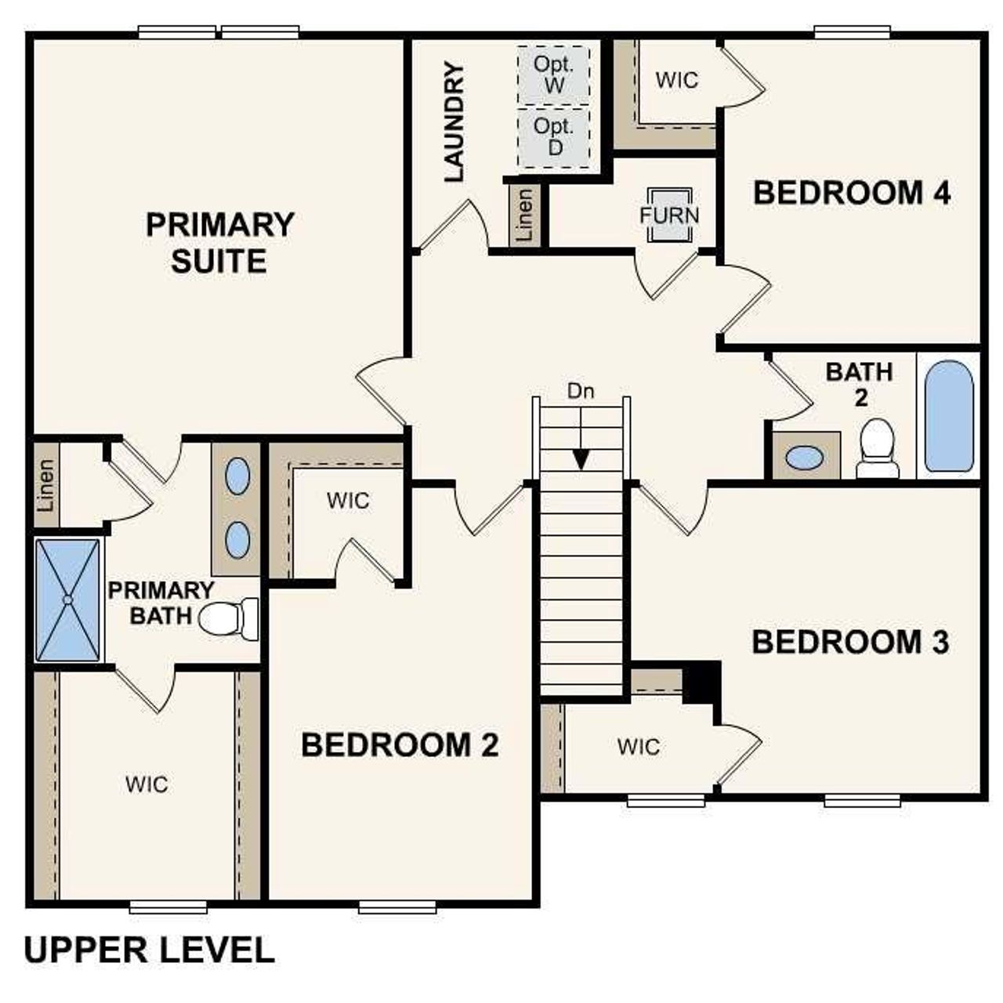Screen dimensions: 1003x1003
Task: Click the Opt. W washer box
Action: click(553, 74)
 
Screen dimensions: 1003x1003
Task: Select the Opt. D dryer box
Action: click(553, 137)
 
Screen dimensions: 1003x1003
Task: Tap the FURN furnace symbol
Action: click(669, 215)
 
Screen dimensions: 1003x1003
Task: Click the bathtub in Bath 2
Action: click(949, 416)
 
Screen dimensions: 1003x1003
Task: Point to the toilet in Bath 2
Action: click(877, 449)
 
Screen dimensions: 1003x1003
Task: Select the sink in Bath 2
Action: click(804, 458)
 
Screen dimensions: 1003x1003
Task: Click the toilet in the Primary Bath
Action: click(228, 618)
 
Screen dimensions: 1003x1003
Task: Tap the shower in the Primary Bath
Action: click(68, 599)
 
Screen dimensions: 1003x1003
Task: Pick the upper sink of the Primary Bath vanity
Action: click(237, 476)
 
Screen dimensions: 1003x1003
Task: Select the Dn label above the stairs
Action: click(581, 392)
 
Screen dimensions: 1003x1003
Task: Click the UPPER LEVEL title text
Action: click(150, 950)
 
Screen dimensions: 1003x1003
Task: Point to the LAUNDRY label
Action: click(454, 123)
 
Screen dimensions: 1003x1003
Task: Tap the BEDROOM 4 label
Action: click(852, 193)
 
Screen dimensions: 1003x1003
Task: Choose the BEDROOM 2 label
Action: click(400, 745)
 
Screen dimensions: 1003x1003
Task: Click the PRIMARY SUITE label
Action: click(219, 243)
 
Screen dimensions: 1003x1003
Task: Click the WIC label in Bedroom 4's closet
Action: click(676, 80)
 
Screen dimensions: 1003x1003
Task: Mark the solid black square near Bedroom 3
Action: click(701, 682)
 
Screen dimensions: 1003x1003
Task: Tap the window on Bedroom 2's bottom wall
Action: click(397, 907)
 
